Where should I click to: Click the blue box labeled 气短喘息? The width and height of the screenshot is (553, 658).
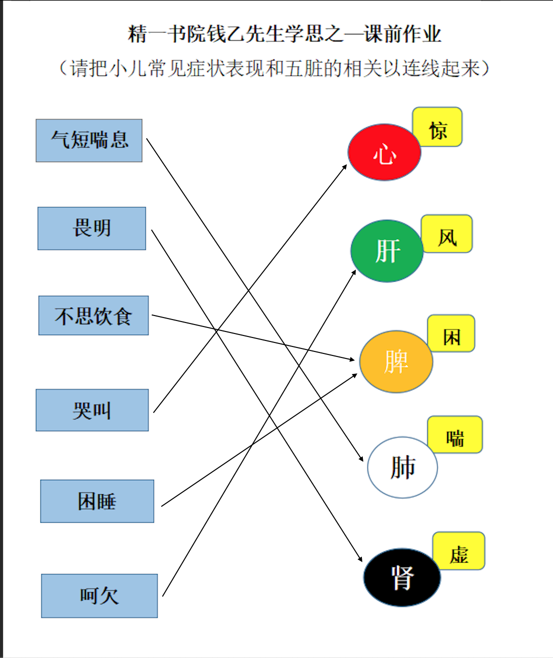(x=89, y=141)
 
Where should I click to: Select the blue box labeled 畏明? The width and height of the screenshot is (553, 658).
(x=92, y=229)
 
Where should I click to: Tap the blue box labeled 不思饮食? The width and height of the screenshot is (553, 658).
(x=94, y=316)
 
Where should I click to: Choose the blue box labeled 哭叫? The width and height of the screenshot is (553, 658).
(x=92, y=410)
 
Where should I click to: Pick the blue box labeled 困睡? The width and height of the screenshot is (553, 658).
(x=97, y=501)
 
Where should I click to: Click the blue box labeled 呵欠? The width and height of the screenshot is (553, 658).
(x=99, y=596)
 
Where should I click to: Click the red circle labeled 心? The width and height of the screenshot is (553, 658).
(x=384, y=152)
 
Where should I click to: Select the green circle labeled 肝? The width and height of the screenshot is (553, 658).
(x=387, y=251)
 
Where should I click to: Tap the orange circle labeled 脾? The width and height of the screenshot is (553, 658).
(x=396, y=361)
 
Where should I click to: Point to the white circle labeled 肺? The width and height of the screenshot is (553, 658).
(x=402, y=467)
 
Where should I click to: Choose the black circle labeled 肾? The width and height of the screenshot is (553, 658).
(x=402, y=577)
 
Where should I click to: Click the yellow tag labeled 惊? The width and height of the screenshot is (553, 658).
(x=437, y=127)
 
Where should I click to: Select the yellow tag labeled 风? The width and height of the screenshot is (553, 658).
(x=447, y=234)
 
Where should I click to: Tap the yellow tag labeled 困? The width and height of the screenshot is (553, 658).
(x=451, y=333)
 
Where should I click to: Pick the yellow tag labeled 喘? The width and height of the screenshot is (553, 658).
(x=455, y=434)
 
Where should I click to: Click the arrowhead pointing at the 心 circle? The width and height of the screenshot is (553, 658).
(x=345, y=167)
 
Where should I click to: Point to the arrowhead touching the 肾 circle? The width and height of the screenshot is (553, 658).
(x=360, y=559)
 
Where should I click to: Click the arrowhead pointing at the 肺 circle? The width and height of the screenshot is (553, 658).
(x=361, y=458)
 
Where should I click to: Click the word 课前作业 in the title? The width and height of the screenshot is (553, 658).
(x=403, y=34)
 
